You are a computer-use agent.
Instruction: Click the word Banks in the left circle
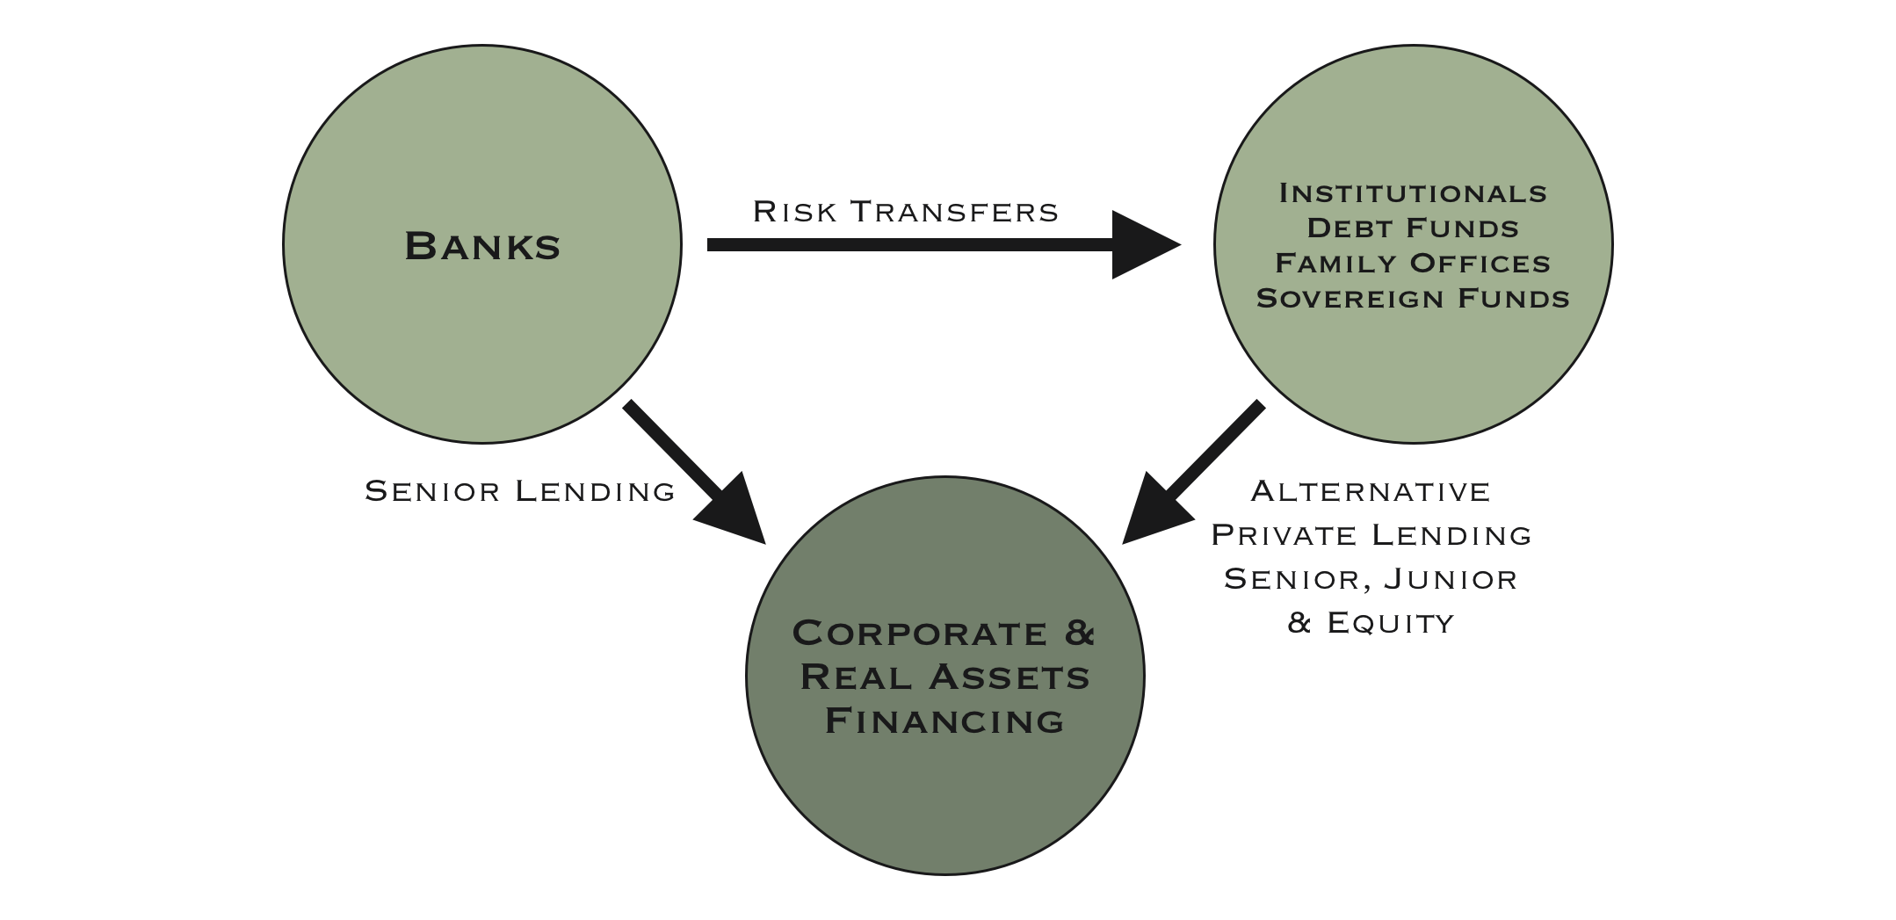click(482, 246)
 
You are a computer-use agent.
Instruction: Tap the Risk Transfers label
click(905, 212)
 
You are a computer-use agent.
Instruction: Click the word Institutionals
click(1413, 192)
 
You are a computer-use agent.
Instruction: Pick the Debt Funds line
click(1413, 228)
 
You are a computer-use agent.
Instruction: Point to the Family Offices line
click(1413, 263)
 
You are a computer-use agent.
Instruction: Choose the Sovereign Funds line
click(1413, 298)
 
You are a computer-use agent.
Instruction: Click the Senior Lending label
click(520, 490)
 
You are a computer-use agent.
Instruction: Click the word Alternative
click(1371, 490)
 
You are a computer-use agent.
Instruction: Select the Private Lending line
click(1371, 534)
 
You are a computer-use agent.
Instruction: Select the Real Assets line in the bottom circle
click(945, 677)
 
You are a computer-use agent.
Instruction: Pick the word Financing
click(945, 721)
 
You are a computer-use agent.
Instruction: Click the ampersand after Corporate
click(1080, 633)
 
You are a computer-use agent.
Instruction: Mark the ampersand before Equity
click(1299, 622)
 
